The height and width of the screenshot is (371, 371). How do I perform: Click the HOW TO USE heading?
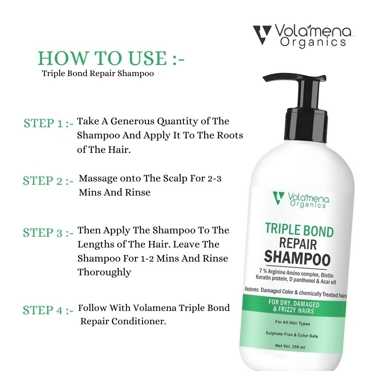point(111,59)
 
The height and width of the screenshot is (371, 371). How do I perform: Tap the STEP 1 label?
point(48,123)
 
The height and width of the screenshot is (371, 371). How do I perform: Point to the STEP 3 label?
point(48,233)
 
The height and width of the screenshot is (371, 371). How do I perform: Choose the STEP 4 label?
point(48,310)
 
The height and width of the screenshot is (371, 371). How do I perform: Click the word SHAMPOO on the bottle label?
point(297,256)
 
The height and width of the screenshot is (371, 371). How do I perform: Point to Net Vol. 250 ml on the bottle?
point(290,347)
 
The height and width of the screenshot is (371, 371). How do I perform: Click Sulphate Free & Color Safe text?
point(292,335)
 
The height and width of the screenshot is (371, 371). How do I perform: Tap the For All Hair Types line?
point(292,322)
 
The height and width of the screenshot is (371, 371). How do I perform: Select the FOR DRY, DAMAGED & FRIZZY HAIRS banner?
point(293,307)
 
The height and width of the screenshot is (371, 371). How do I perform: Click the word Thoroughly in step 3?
point(104,272)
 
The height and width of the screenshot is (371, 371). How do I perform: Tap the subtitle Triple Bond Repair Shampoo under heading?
point(98,73)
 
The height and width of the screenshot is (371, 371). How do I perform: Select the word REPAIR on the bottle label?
point(298,244)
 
